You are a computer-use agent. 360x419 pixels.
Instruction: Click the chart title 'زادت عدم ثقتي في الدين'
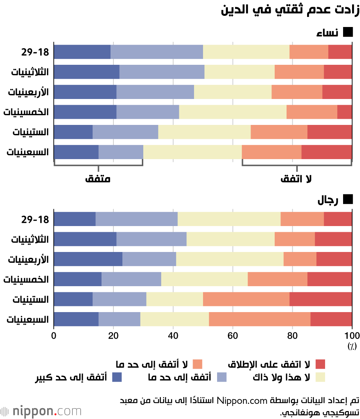point(290,10)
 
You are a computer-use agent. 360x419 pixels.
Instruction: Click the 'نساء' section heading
point(327,32)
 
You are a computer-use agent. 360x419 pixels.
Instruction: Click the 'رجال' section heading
point(328,200)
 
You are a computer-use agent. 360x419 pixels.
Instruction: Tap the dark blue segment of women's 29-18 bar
point(82,52)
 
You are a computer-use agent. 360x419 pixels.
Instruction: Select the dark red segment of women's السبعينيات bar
point(327,152)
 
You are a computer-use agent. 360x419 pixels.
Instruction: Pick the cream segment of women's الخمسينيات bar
point(233,112)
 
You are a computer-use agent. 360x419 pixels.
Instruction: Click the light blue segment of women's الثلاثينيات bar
point(162,72)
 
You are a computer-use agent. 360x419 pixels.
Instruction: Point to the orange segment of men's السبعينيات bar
point(260,319)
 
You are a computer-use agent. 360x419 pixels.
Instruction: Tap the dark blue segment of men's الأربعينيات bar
point(88,259)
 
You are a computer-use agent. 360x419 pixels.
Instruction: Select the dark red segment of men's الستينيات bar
point(321,299)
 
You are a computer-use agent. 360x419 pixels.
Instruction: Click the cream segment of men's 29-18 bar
point(229,219)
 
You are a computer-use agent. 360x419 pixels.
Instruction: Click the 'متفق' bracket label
point(98,179)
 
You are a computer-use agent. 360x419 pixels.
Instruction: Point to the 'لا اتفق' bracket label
point(296,179)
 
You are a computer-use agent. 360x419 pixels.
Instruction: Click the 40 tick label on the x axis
point(173,335)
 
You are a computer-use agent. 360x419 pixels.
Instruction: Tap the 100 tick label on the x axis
point(352,335)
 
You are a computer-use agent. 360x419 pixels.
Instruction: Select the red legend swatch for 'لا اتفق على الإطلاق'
point(320,364)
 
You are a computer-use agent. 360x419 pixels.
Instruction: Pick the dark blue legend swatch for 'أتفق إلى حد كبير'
point(117,377)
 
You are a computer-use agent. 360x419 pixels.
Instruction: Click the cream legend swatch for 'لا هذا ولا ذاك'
point(320,377)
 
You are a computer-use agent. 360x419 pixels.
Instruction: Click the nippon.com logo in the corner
point(41,411)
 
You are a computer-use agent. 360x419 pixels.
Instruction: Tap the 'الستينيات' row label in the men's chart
point(31,299)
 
